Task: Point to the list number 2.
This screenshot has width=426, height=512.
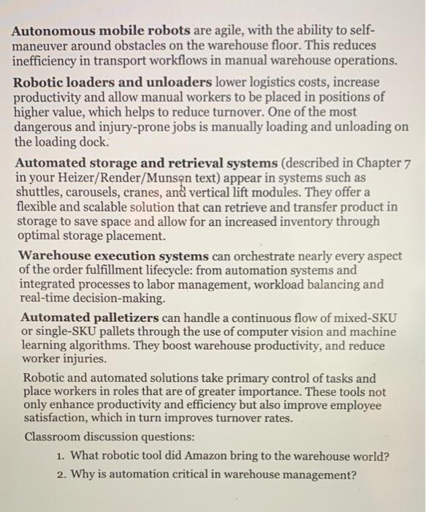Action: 61,474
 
